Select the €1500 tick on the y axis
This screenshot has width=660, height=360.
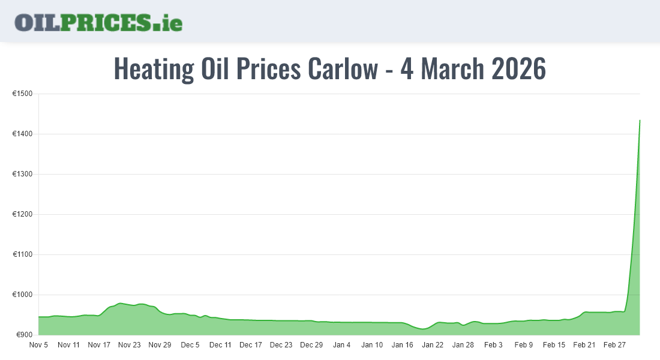click(x=22, y=94)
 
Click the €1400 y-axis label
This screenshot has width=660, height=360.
click(x=22, y=134)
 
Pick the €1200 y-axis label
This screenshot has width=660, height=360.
click(x=22, y=214)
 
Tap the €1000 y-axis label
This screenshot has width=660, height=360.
click(x=22, y=295)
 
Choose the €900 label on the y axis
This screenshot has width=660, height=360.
click(x=24, y=335)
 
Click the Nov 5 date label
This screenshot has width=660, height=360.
click(x=39, y=345)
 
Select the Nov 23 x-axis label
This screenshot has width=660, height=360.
click(x=129, y=345)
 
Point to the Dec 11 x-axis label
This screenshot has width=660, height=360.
click(x=220, y=345)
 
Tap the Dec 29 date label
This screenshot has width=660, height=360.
click(x=311, y=345)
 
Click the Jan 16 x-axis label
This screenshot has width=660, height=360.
click(x=402, y=345)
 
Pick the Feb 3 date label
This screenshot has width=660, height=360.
click(x=493, y=345)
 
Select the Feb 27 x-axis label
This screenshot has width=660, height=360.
click(x=614, y=345)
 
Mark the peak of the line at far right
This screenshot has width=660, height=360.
click(x=640, y=121)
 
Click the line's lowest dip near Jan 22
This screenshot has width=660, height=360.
click(x=423, y=329)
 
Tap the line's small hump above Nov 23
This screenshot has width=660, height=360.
click(x=121, y=304)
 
